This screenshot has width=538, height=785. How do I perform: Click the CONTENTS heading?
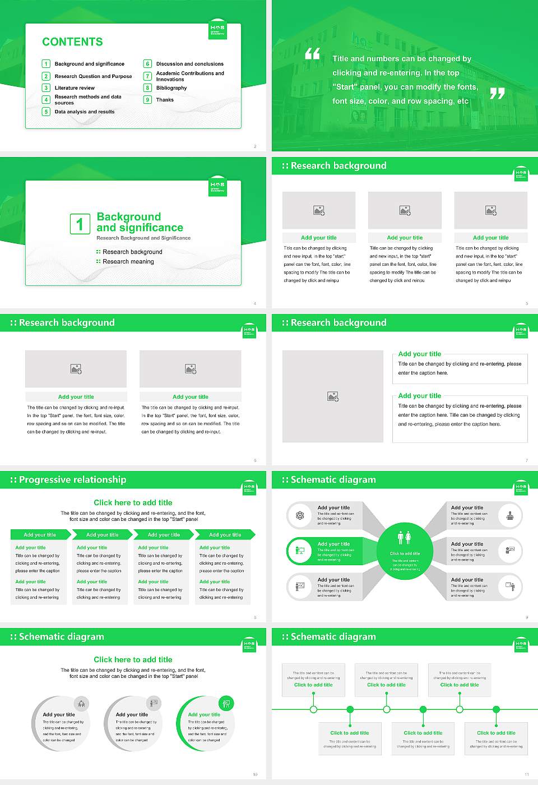coord(72,42)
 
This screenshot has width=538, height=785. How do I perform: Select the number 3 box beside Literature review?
coord(47,88)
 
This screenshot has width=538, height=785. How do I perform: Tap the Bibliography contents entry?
coord(171,88)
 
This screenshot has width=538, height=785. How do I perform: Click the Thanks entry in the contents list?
coord(165,100)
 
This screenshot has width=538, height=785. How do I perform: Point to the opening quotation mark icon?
coord(312,54)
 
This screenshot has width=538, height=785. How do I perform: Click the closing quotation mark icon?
coord(497,93)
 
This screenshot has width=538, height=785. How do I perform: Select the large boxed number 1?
coord(80,224)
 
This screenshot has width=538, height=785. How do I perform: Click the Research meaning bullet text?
coord(128,262)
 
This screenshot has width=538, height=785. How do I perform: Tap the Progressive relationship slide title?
coord(72,480)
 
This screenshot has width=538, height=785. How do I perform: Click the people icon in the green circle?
coord(405,538)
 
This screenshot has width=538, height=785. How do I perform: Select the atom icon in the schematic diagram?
coord(300,515)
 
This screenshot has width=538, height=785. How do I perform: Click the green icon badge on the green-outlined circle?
coord(226,704)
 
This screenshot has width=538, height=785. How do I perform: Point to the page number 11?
coord(527,774)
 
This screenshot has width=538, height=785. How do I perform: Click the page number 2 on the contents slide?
coord(255,146)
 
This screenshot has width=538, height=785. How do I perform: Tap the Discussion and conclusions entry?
coord(189,64)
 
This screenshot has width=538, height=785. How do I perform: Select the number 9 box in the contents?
coord(148,100)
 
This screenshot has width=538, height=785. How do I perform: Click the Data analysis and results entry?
coord(85,112)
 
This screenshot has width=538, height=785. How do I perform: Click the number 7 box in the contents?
coord(148,76)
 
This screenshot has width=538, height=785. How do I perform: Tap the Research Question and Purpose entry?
coord(93,76)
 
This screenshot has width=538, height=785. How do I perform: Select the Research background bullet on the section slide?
coord(132,252)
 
